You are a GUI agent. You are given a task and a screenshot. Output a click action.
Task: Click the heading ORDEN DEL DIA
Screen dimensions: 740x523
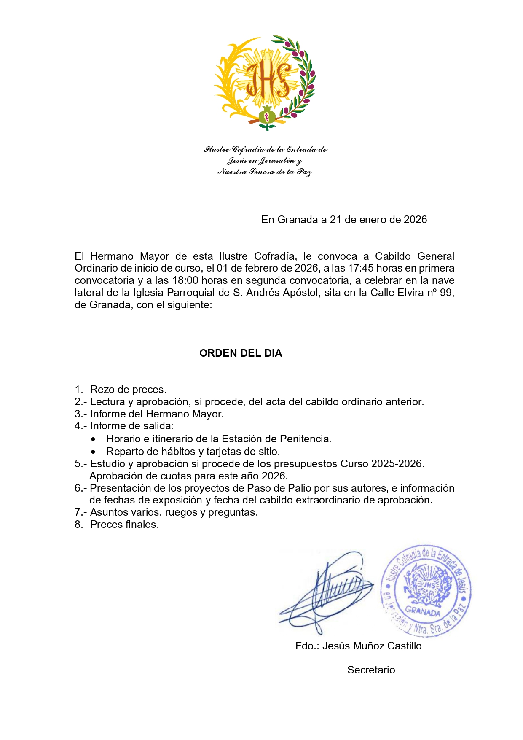(241, 353)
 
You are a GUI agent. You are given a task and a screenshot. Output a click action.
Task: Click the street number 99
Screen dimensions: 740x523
(446, 293)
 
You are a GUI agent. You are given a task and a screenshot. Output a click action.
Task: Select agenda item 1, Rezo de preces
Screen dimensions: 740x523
(121, 390)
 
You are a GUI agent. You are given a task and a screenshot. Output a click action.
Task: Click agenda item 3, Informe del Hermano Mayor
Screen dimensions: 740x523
(149, 414)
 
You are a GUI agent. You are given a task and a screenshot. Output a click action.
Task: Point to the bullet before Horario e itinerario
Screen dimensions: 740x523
(93, 439)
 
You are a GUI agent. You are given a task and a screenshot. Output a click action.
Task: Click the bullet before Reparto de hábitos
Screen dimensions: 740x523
(93, 452)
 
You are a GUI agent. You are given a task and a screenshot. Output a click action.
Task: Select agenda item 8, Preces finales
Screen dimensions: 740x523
(117, 525)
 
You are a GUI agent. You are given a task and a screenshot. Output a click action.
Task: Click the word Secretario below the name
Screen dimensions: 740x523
(371, 670)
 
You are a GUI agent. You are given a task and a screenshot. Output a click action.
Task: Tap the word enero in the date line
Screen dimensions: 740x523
(373, 220)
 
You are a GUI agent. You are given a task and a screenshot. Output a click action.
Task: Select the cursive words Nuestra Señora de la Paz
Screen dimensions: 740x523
(265, 172)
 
